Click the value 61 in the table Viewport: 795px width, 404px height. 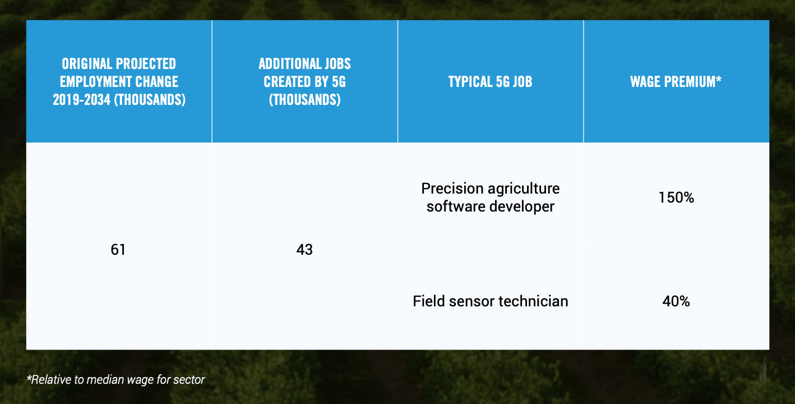pos(118,250)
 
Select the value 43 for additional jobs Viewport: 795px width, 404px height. pos(304,250)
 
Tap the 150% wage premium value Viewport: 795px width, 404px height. pos(676,198)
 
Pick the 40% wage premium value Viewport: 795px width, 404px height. pos(676,301)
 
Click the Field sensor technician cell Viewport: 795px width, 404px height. pos(491,301)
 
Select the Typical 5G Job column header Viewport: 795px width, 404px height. pos(490,82)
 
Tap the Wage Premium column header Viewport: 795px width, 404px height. pos(676,82)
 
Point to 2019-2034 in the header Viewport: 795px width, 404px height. pos(82,100)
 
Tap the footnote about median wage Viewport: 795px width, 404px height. pos(115,379)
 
